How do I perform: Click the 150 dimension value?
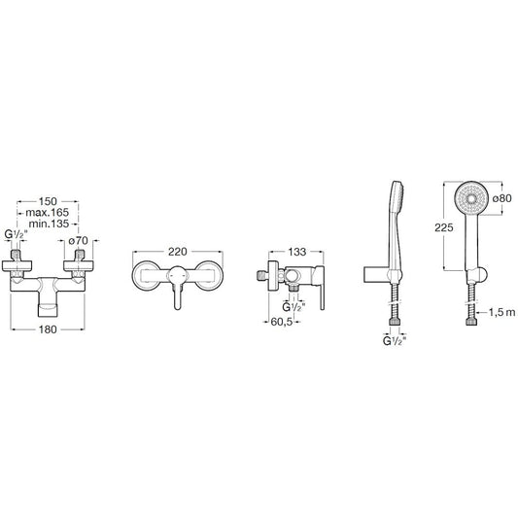48,201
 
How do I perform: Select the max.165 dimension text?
48,212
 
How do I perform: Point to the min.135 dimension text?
49,224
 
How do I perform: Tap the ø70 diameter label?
79,241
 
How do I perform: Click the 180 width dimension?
48,329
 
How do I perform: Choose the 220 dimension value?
178,252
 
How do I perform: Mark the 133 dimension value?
297,252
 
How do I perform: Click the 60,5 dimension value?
282,322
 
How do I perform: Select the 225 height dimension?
444,227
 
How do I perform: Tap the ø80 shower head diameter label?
501,198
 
